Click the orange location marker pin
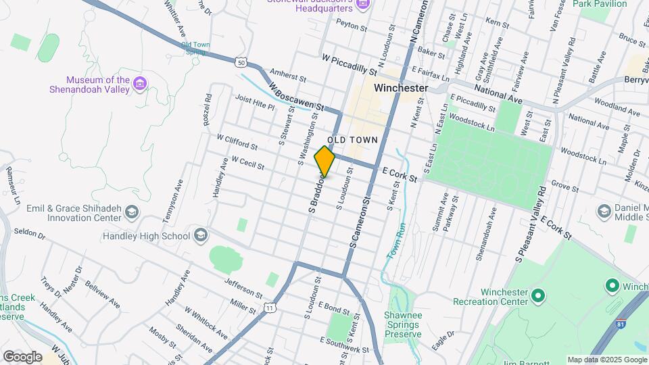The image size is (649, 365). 324,161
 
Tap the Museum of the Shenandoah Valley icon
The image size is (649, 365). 140,84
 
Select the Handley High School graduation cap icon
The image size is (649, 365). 200,235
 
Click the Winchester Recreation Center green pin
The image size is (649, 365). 538,295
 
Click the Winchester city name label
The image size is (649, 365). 401,88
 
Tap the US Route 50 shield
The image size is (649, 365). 241,63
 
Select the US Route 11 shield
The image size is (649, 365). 270,308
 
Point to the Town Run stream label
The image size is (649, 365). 395,240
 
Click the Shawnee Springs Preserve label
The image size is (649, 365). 402,324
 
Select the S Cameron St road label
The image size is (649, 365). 359,224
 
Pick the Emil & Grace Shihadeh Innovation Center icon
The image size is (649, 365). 131,214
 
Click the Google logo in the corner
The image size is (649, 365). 22,356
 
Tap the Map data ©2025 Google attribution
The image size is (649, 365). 606,360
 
